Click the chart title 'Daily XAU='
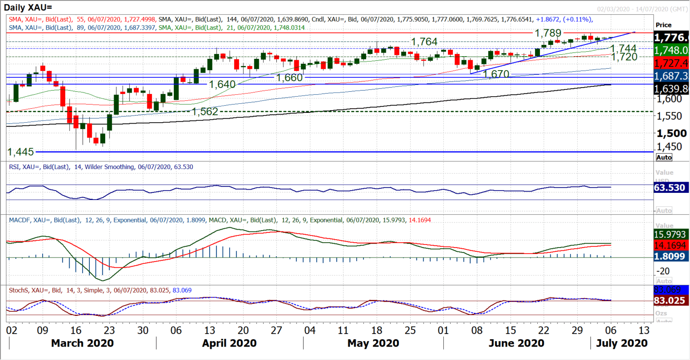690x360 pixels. (28, 7)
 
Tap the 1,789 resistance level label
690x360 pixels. (548, 33)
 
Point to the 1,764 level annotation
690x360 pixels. (424, 42)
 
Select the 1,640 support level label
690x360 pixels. (222, 84)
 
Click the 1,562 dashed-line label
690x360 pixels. (205, 112)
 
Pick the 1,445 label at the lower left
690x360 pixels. (21, 152)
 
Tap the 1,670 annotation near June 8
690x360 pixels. (496, 74)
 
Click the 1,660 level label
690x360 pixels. (289, 78)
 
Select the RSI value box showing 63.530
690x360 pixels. (670, 188)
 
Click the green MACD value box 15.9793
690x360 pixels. (670, 235)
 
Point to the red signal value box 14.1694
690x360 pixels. (670, 245)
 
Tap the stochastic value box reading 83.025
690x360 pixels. (670, 301)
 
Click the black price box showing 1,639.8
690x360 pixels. (671, 89)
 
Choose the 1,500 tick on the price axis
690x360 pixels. (672, 133)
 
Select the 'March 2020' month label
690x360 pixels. (82, 343)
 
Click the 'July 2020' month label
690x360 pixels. (622, 343)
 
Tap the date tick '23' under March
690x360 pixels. (109, 330)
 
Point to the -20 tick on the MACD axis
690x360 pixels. (663, 271)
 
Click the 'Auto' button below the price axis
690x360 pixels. (664, 157)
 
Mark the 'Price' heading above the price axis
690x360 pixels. (663, 25)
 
